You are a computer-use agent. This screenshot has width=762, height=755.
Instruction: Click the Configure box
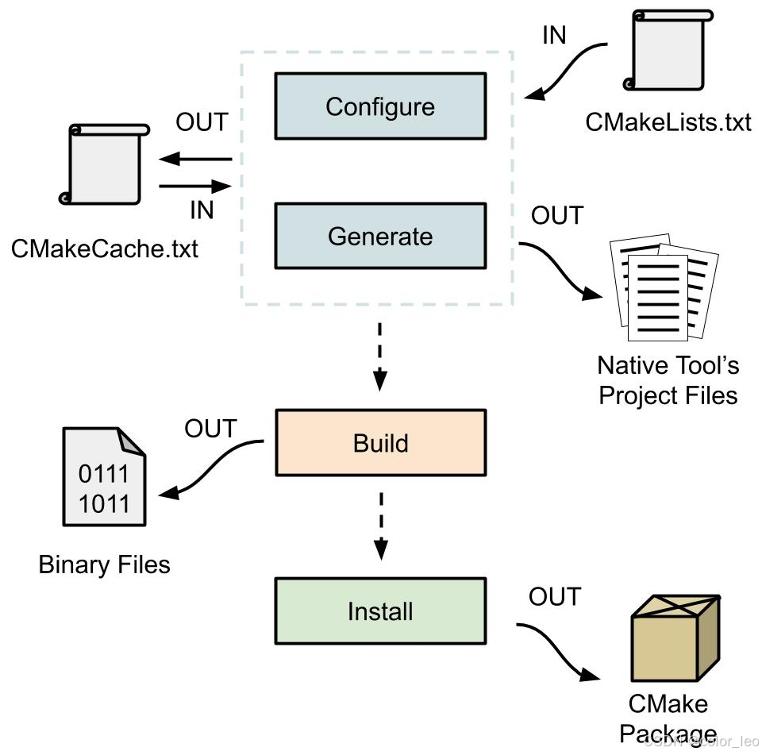[380, 106]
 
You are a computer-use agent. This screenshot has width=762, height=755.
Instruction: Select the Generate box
[380, 236]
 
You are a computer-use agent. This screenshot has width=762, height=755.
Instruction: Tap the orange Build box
[380, 442]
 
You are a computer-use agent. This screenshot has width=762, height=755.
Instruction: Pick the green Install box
[380, 611]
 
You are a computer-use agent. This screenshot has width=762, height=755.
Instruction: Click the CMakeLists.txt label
[668, 122]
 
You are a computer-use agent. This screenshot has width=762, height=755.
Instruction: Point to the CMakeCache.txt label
[105, 248]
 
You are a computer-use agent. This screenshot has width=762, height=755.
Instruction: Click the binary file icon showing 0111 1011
[104, 476]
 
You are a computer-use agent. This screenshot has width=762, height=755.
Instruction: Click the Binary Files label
[105, 564]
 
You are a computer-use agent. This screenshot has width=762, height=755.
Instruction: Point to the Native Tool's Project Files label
[668, 379]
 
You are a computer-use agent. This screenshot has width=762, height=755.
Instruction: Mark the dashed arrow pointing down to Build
[380, 356]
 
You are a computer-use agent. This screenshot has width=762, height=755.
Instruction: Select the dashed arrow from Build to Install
[380, 524]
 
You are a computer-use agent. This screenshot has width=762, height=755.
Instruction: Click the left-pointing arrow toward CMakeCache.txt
[194, 160]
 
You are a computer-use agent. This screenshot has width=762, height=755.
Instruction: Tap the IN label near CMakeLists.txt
[554, 36]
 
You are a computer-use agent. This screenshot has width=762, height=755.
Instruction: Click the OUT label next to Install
[555, 596]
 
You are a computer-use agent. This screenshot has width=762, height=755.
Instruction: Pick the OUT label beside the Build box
[210, 429]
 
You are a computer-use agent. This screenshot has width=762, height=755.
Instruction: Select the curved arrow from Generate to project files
[560, 271]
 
